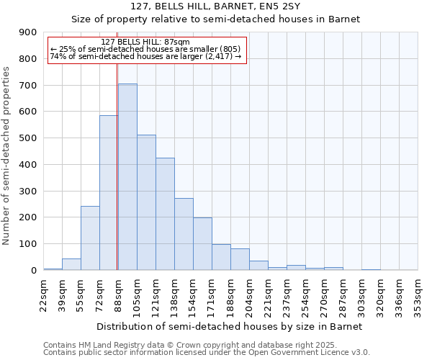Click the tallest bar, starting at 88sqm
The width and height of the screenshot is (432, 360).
(x=127, y=177)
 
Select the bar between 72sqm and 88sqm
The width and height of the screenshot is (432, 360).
(x=109, y=193)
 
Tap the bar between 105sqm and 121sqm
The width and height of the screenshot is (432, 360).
(x=146, y=202)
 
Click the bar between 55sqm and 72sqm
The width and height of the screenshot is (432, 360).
(x=90, y=238)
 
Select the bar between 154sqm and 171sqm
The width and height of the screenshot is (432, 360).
(x=202, y=243)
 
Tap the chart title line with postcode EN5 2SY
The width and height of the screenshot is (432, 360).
(x=215, y=6)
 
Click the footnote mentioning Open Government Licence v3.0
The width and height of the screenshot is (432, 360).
(x=207, y=353)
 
